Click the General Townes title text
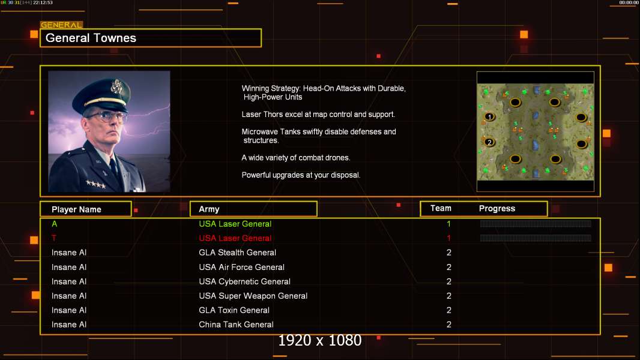pos(91,38)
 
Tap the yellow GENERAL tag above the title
pos(61,25)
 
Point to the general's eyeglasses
pos(106,116)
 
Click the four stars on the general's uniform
pos(95,184)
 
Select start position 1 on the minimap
pos(489,117)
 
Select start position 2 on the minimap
pos(489,142)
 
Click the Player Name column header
pos(76,209)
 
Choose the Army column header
pos(209,209)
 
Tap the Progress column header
pos(497,208)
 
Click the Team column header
pos(441,208)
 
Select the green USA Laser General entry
pos(235,224)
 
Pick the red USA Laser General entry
pos(235,238)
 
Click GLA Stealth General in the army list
pos(237,253)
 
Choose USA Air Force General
pos(241,267)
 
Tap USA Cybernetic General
pos(244,281)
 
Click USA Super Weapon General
pos(253,296)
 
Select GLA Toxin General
pos(234,310)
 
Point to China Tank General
pos(236,325)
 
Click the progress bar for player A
pos(536,223)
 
